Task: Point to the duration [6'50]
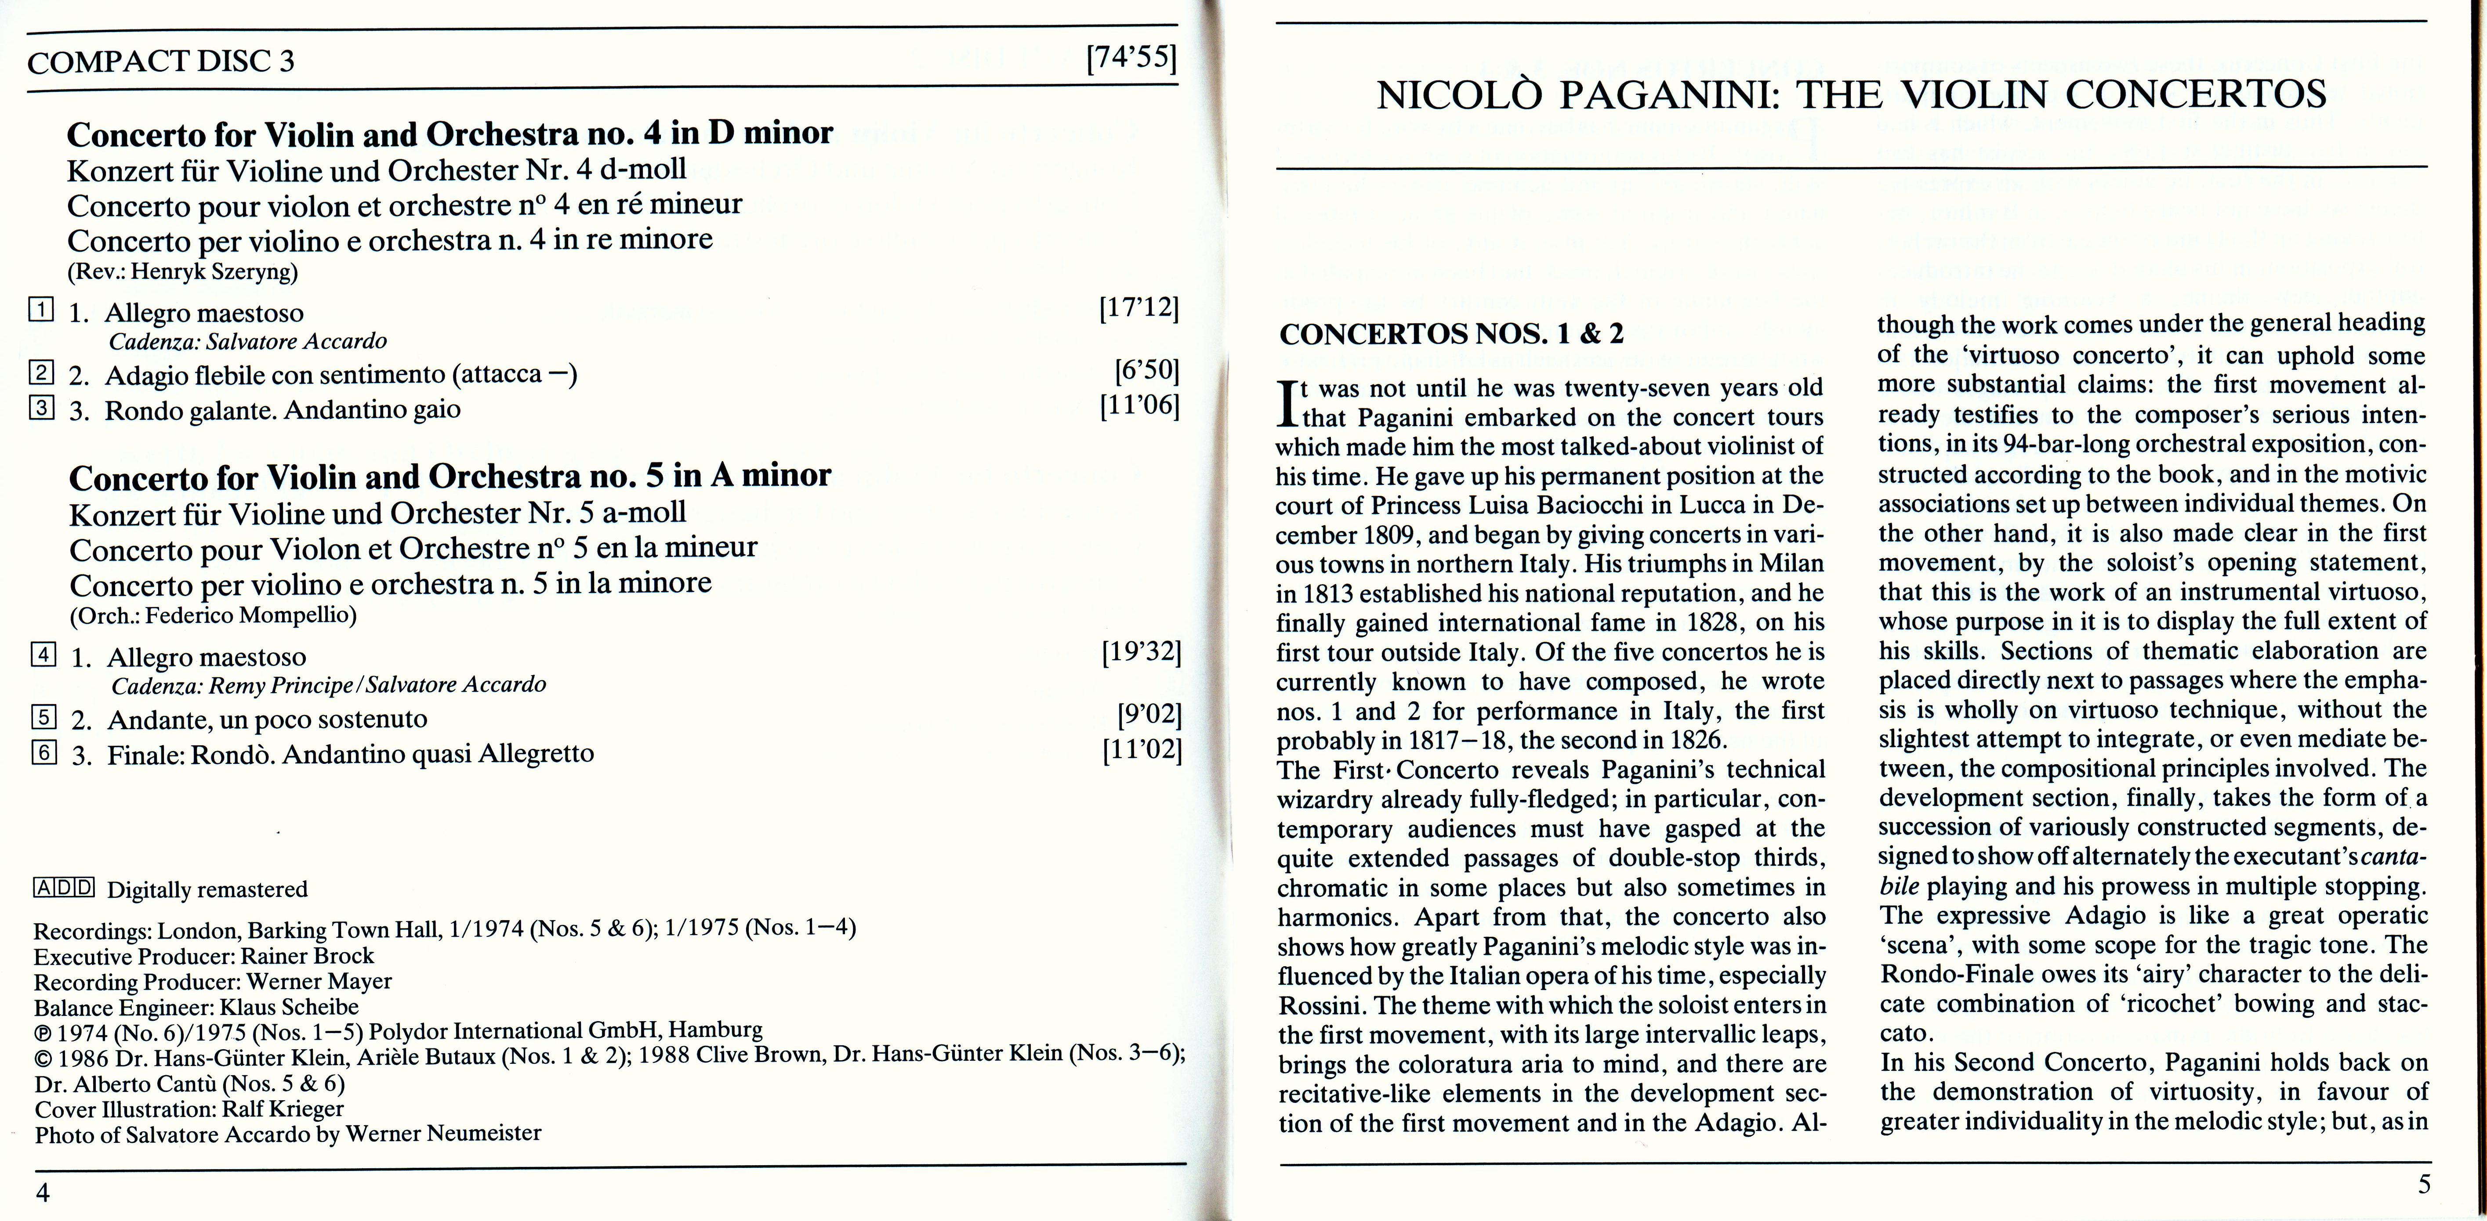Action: tap(1147, 372)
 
